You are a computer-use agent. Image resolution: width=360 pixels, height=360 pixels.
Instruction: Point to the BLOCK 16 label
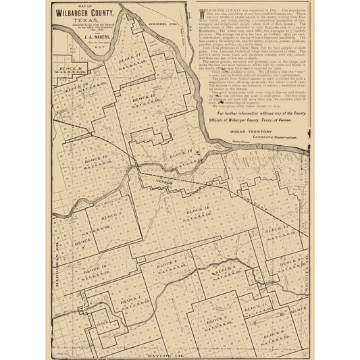tap(95, 157)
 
